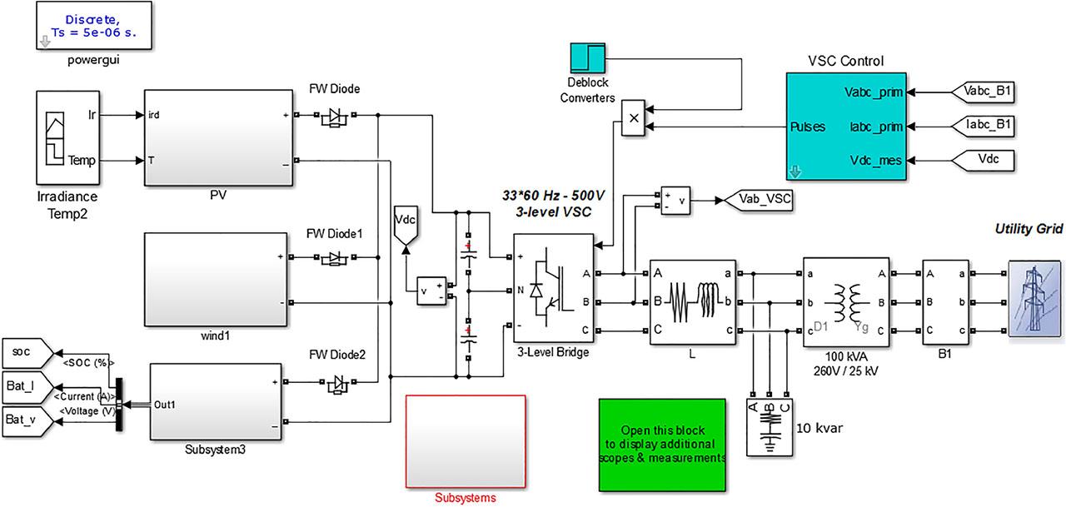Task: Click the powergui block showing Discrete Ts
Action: click(94, 25)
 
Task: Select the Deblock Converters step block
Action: click(588, 58)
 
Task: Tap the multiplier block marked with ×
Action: click(634, 118)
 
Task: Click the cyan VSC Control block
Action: click(845, 126)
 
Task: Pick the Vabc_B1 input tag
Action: click(984, 92)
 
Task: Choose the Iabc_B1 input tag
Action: click(984, 126)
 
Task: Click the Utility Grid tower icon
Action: click(1034, 298)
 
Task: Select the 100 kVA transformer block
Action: click(845, 302)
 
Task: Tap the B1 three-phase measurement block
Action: click(945, 301)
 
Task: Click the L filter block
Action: click(693, 301)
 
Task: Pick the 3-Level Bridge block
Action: click(554, 288)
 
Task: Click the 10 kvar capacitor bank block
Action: click(770, 427)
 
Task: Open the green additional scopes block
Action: click(662, 445)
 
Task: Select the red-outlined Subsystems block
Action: click(466, 441)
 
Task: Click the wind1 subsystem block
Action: click(216, 279)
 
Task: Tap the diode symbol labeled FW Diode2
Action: click(338, 383)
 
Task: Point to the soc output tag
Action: click(27, 353)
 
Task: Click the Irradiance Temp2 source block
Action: click(68, 137)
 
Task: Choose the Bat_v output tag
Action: click(27, 421)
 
